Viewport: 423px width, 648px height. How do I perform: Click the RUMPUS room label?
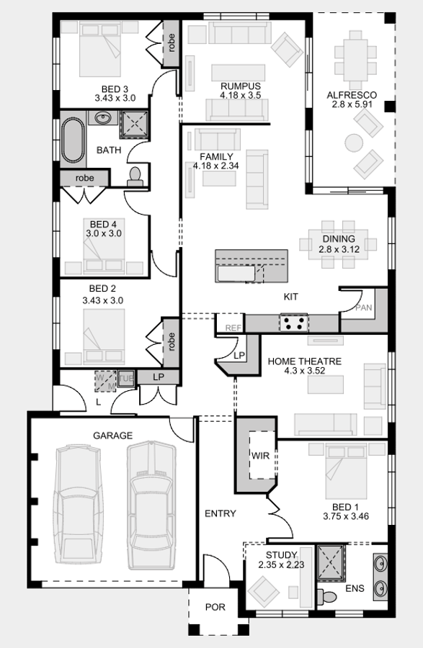pos(241,86)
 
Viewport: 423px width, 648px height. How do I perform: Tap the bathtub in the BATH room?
pos(74,140)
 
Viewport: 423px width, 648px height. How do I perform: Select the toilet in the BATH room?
pos(135,176)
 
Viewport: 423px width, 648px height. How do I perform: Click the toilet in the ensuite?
pos(326,595)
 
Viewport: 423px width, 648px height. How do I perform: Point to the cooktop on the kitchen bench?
pos(293,323)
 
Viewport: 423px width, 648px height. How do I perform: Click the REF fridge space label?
pos(233,328)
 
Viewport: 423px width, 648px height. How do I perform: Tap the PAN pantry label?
pos(363,307)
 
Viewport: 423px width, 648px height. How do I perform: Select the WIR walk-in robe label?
pos(260,456)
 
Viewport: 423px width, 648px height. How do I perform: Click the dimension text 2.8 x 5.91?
pos(352,104)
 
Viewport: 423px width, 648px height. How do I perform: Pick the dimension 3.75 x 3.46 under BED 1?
pos(346,516)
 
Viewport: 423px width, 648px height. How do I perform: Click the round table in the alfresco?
pos(354,143)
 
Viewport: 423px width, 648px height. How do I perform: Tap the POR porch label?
pos(215,607)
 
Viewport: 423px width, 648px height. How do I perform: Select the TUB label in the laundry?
pos(126,379)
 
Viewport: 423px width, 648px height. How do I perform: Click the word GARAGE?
pos(113,435)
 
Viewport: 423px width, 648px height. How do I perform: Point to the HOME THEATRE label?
pos(305,361)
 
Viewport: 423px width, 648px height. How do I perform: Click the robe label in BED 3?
pos(172,42)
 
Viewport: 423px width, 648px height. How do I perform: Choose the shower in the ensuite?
pos(331,563)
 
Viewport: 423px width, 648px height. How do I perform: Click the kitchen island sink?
pos(236,274)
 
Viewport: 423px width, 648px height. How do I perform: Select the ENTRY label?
pos(221,513)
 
